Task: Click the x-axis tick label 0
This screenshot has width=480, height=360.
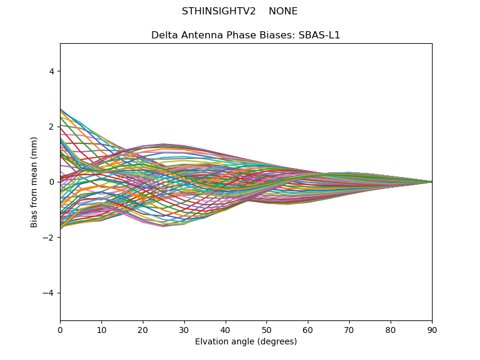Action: [x=60, y=329]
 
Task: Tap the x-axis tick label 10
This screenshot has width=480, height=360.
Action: [x=101, y=329]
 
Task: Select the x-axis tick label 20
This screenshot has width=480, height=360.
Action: [x=143, y=329]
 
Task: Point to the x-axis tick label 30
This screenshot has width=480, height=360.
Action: [x=184, y=329]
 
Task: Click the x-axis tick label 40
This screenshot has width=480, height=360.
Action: [x=226, y=329]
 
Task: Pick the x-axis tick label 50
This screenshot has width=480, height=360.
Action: [x=266, y=329]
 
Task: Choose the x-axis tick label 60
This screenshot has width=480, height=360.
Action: [x=308, y=329]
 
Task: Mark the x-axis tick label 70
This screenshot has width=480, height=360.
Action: [x=349, y=329]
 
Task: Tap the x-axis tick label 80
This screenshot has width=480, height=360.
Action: [x=391, y=329]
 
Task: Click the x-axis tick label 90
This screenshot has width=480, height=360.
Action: [x=432, y=329]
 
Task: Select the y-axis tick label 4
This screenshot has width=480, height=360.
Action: [x=52, y=71]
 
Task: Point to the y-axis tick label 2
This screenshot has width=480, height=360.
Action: [x=52, y=127]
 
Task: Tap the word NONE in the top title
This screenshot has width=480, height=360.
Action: [x=283, y=11]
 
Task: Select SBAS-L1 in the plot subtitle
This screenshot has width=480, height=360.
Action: [x=322, y=35]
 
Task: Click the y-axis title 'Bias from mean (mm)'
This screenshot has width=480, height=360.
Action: [x=34, y=182]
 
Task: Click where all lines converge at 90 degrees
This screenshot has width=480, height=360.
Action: [x=431, y=182]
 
